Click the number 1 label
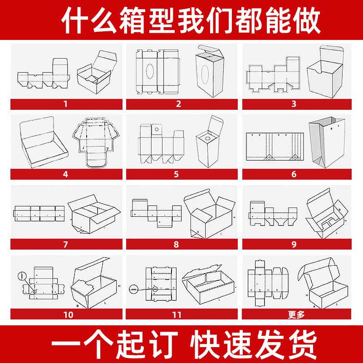pyautogui.click(x=66, y=104)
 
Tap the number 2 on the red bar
pyautogui.click(x=178, y=104)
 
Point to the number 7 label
pyautogui.click(x=66, y=244)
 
